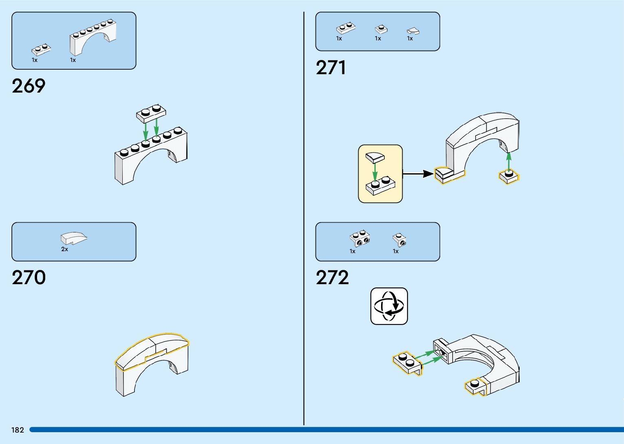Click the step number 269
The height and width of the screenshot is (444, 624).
tap(29, 86)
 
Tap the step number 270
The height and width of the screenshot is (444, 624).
tap(29, 278)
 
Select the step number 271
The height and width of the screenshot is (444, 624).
tap(331, 68)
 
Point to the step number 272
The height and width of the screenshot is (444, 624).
tap(332, 278)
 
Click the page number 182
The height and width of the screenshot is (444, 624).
tap(18, 430)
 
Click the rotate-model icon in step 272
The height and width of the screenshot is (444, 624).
tap(389, 306)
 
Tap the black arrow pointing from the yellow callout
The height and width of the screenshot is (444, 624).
tap(418, 174)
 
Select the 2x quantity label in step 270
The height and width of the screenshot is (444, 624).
tap(64, 249)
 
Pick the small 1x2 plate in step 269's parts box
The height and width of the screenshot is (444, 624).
tap(41, 50)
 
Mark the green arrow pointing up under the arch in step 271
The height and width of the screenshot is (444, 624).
tap(509, 161)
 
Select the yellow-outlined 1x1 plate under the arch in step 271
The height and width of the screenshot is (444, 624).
tap(509, 176)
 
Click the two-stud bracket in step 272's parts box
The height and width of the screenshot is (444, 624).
tap(360, 239)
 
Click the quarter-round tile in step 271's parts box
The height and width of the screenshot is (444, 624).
tap(413, 31)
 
